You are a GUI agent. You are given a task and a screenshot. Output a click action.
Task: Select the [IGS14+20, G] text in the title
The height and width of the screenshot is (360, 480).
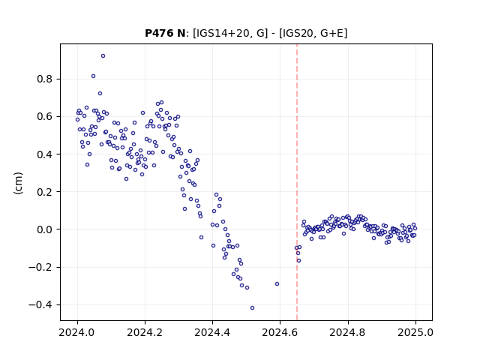click(x=230, y=33)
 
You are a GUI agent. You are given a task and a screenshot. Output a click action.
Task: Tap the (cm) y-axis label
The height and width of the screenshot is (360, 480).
click(x=18, y=183)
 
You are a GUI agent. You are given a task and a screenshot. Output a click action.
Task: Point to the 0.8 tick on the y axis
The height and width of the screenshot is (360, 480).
click(x=45, y=79)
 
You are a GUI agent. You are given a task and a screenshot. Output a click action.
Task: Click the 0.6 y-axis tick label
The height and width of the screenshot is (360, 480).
click(x=45, y=117)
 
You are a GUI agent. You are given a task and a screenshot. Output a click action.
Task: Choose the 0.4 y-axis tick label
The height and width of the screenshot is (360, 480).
click(x=45, y=154)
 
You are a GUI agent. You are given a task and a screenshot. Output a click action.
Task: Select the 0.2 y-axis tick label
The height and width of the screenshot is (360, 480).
click(x=45, y=192)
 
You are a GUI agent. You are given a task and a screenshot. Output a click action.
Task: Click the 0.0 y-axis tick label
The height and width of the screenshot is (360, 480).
click(x=45, y=229)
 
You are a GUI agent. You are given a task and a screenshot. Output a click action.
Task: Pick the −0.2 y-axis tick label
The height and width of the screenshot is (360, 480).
click(x=40, y=267)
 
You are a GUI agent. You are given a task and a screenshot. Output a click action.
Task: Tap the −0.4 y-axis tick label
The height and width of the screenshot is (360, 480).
click(x=40, y=305)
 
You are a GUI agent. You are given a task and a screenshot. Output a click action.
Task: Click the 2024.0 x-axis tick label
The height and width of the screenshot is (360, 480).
click(x=77, y=332)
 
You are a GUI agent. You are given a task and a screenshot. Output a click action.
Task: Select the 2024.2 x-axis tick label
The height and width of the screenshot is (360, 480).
click(x=145, y=332)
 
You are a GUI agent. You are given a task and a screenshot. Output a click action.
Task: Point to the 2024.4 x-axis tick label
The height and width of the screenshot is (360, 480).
click(x=212, y=332)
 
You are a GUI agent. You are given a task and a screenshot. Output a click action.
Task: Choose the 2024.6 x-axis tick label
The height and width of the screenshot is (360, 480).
click(x=280, y=332)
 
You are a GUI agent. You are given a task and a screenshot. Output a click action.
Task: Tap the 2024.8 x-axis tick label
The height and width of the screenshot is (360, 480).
click(x=347, y=332)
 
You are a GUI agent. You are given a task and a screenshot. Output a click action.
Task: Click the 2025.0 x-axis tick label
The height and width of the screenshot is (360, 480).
click(x=415, y=332)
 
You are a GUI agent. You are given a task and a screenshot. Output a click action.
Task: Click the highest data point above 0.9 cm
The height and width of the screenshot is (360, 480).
click(x=103, y=56)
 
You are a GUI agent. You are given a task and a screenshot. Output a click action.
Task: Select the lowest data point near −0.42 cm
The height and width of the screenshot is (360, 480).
click(x=252, y=308)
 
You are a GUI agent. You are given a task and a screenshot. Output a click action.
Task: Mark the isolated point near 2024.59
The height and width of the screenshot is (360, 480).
click(x=277, y=284)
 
